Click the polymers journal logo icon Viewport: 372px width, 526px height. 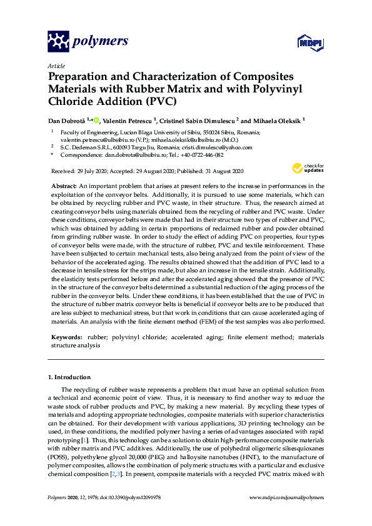(58, 41)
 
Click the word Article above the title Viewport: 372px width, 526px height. (56, 65)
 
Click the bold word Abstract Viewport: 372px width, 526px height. (63, 186)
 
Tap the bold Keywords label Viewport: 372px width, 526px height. (67, 337)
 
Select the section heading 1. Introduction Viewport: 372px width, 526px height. (69, 377)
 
